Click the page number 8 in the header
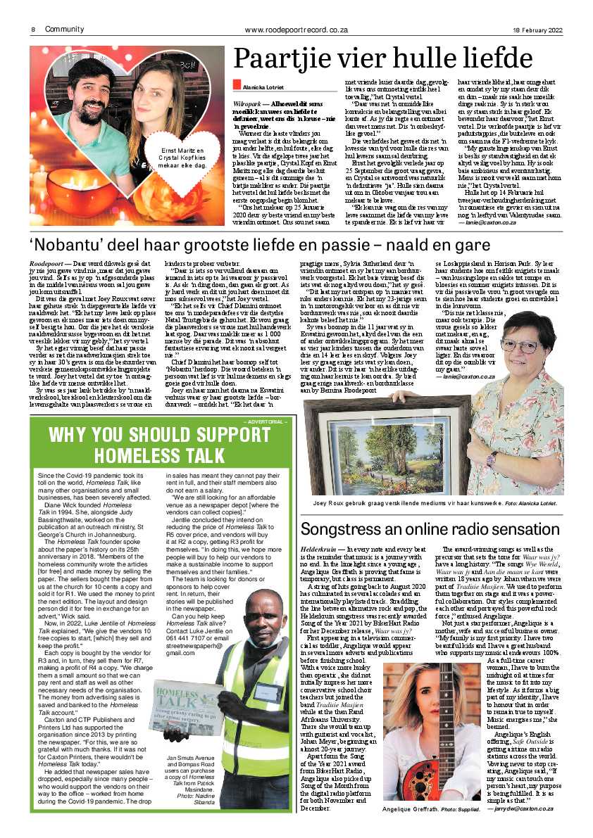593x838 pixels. coord(33,29)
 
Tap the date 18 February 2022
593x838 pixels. coord(537,29)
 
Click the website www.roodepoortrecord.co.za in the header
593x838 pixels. coord(297,29)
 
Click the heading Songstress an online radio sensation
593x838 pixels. coord(430,529)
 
